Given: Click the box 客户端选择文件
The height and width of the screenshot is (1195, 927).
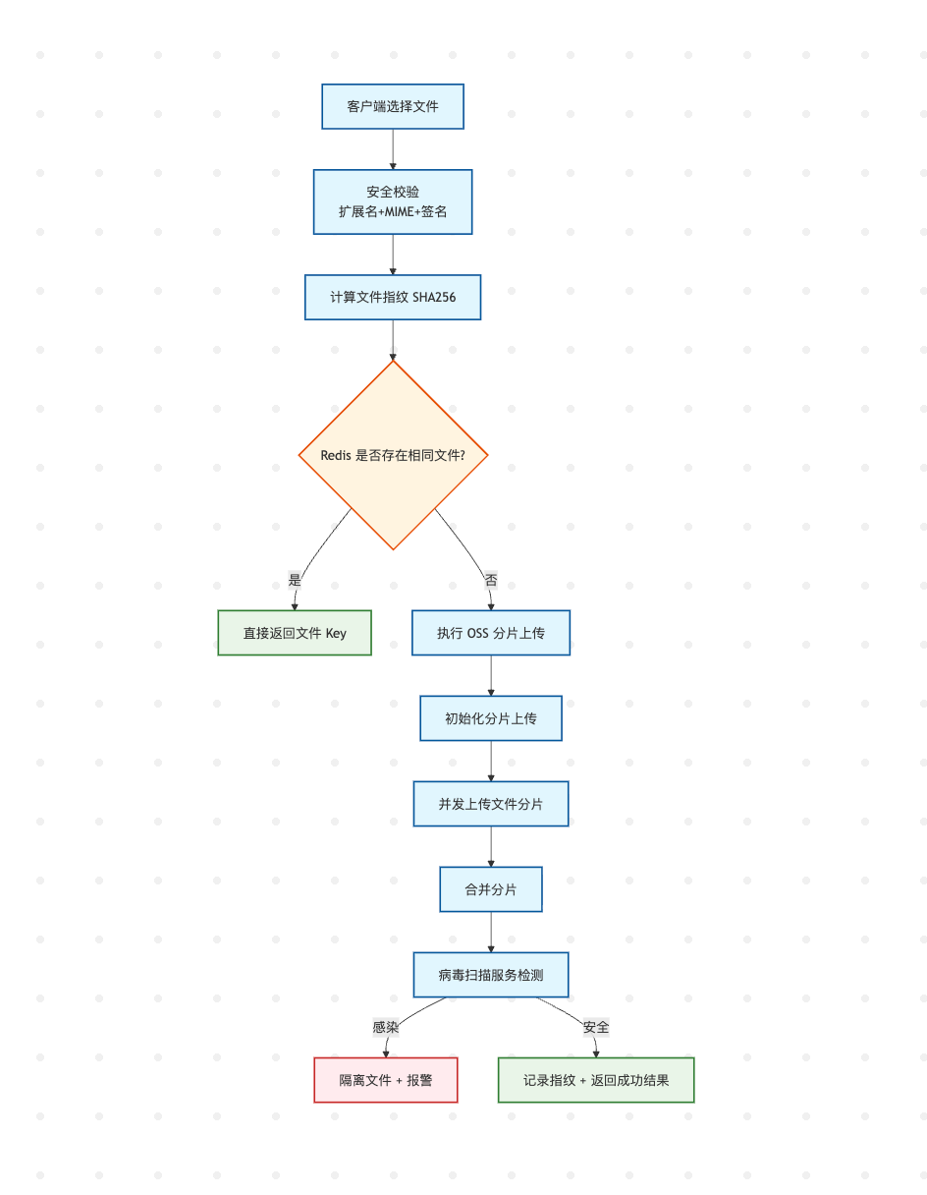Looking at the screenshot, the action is click(x=393, y=107).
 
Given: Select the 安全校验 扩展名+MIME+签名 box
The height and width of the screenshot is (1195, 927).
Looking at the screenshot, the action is click(x=393, y=201).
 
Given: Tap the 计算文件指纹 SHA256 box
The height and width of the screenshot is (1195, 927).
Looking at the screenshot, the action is click(x=393, y=297).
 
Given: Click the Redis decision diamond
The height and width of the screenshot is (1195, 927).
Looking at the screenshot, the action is click(x=393, y=455).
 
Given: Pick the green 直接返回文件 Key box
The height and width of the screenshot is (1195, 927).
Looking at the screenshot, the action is click(x=295, y=633).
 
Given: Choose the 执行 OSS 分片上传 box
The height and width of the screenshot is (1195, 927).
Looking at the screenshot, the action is click(x=491, y=633).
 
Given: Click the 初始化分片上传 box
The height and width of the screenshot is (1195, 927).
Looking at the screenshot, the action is click(x=491, y=718).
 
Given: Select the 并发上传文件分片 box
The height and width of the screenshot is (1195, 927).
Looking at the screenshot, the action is click(x=491, y=804).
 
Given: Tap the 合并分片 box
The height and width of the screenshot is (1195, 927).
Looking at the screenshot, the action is click(x=491, y=889).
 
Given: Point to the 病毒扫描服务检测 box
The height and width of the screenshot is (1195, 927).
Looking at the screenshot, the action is click(x=491, y=975).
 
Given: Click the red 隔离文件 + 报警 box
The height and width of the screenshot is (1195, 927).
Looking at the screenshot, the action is click(x=386, y=1080).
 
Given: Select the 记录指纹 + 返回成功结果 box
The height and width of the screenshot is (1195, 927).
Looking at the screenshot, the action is click(x=596, y=1080).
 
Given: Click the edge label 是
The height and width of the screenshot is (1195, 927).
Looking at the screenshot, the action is click(x=295, y=580).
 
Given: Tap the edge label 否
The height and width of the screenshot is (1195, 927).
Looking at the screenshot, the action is click(x=491, y=580).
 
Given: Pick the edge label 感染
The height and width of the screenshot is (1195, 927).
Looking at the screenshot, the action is click(x=386, y=1027).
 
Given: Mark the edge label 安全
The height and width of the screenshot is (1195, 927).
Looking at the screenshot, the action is click(x=596, y=1027).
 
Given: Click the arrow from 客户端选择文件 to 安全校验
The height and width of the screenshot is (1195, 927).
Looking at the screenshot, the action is click(x=393, y=149).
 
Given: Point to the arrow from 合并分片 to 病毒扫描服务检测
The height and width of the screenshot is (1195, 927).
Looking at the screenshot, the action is click(x=491, y=933).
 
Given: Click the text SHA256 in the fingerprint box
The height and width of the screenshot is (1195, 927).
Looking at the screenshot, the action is click(x=434, y=298).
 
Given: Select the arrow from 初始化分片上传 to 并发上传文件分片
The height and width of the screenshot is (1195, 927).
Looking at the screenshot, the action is click(x=491, y=761).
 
